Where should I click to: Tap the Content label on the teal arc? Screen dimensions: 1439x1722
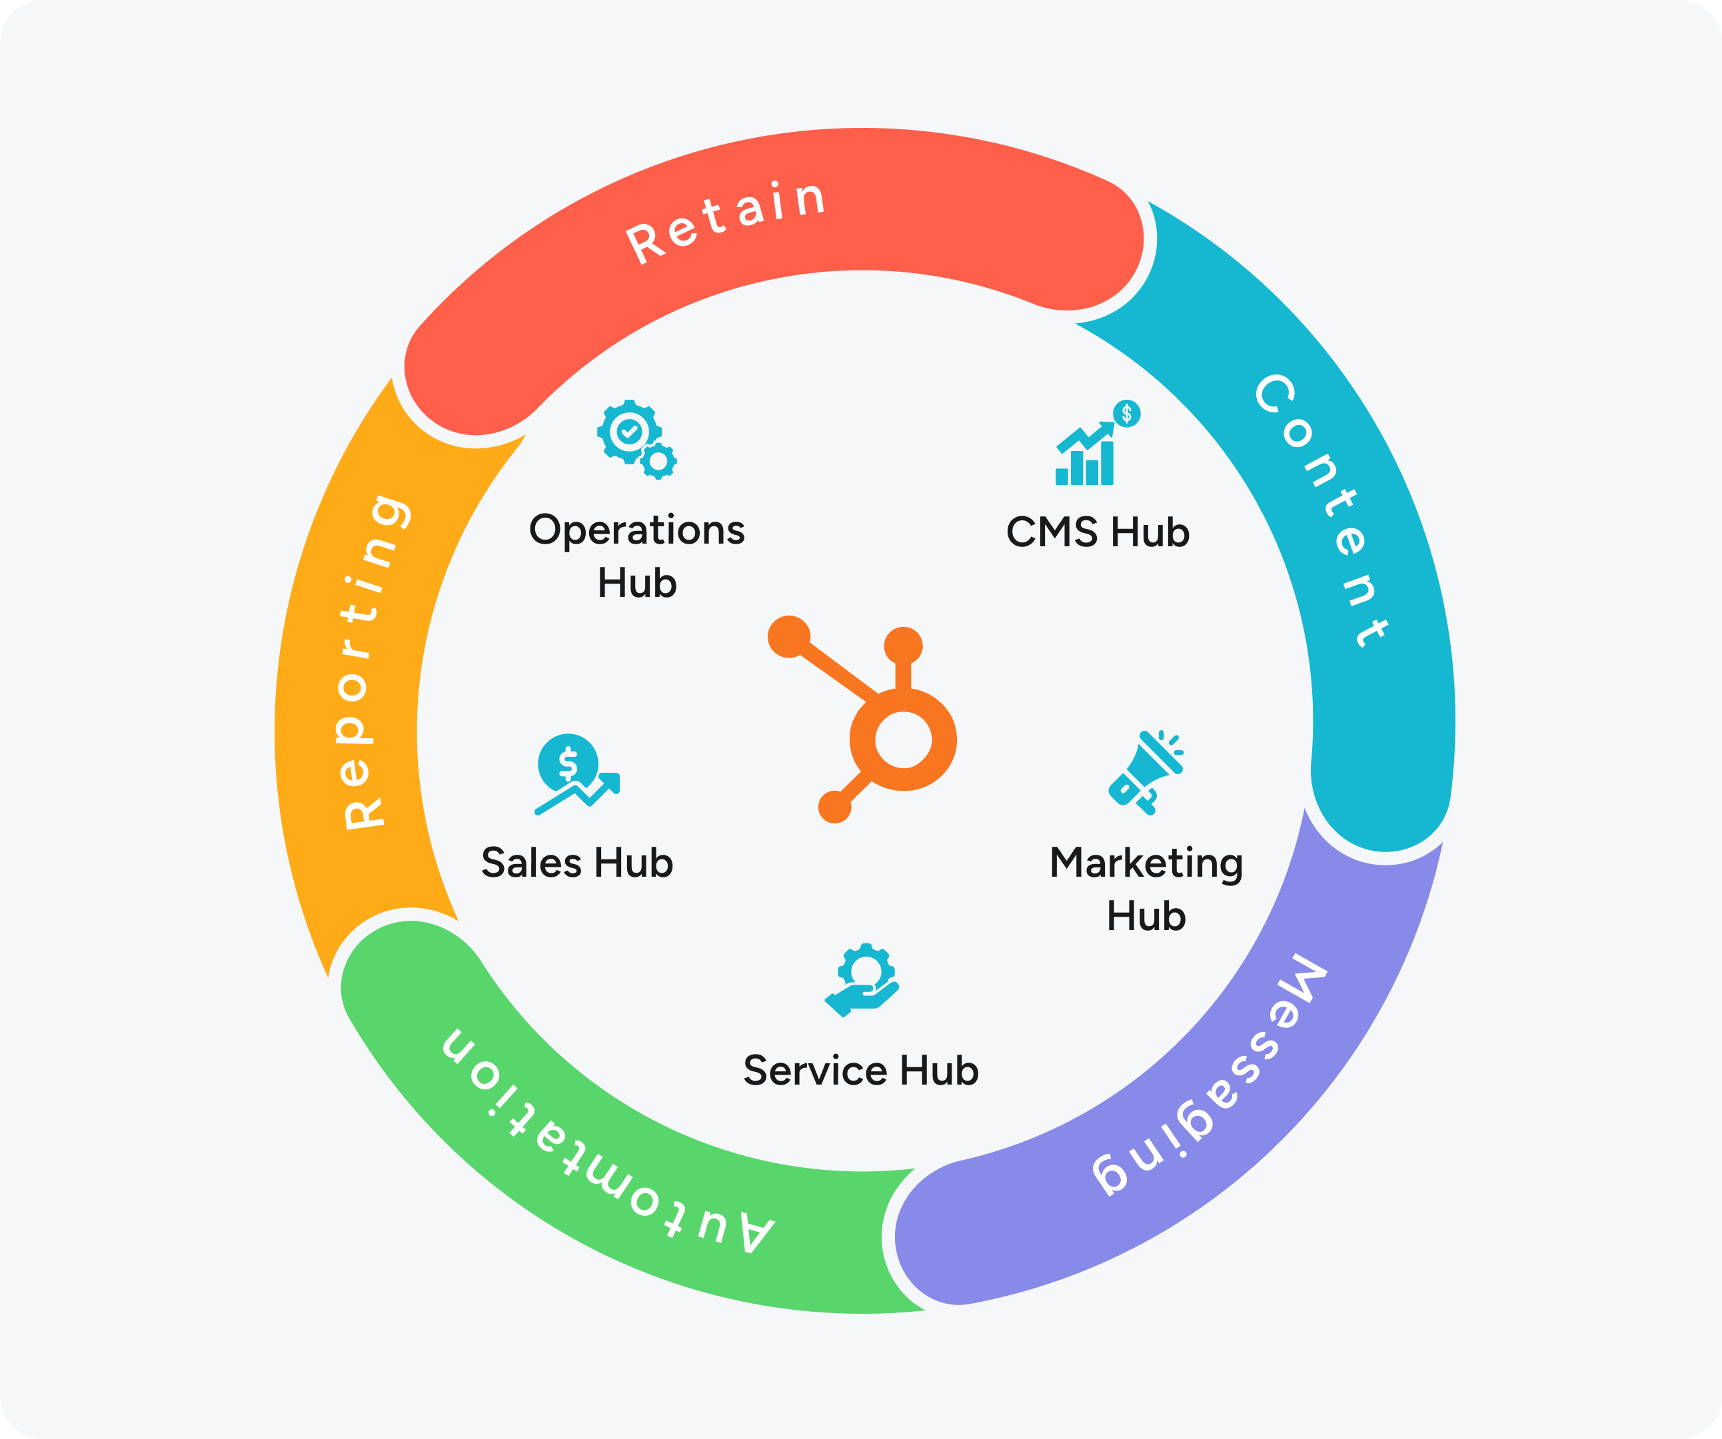[1323, 510]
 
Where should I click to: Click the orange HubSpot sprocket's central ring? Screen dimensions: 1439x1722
[903, 739]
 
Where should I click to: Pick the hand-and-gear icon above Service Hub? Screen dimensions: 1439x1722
[862, 980]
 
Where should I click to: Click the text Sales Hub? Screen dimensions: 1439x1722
[576, 863]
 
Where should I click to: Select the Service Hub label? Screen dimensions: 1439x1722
[860, 1070]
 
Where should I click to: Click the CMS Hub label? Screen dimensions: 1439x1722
[1097, 532]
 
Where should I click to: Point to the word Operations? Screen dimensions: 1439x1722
[636, 530]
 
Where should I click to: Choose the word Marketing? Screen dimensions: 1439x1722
[1146, 863]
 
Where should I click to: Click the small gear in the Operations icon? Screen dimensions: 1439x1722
[658, 462]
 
